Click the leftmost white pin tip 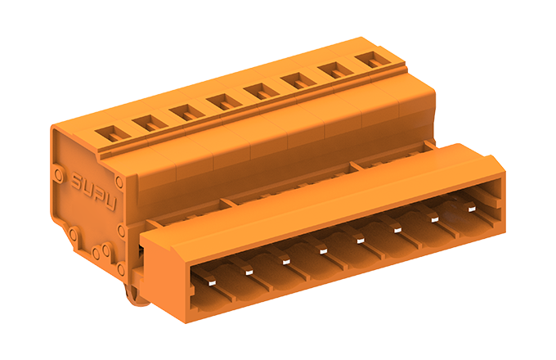click(x=212, y=282)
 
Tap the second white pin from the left click(x=249, y=272)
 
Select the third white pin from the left click(x=286, y=262)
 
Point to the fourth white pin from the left click(x=323, y=251)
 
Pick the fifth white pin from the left click(x=361, y=241)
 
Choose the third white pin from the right click(x=398, y=230)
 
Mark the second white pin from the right click(x=435, y=219)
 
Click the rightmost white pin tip click(x=472, y=209)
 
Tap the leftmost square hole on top click(x=113, y=134)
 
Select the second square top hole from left click(x=150, y=124)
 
